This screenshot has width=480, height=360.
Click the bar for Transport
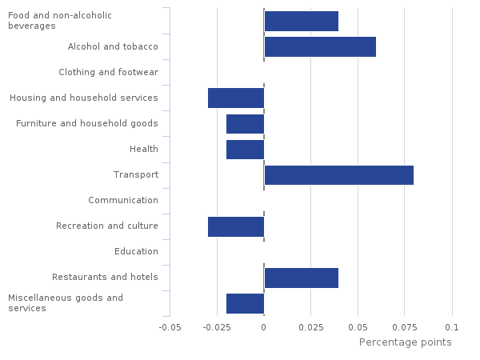pos(338,175)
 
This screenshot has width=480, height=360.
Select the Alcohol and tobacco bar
pos(320,47)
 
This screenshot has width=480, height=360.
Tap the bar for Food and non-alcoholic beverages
pos(301,22)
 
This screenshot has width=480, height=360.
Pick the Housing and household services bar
pos(236,98)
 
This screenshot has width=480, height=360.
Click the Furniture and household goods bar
pos(245,124)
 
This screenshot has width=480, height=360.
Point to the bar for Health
pos(245,150)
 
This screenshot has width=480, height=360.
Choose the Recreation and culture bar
pos(236,226)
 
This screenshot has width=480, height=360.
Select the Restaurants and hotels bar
pos(301,278)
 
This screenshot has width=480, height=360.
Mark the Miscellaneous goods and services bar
pos(245,303)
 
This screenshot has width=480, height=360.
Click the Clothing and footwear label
pos(109,73)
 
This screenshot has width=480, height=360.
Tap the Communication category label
pos(123,201)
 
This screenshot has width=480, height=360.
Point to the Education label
pos(136,252)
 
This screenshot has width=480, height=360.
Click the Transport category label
pos(136,175)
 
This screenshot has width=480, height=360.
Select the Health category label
pos(144,150)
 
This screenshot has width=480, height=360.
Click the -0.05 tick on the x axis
pos(169,327)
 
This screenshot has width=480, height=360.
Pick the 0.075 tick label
pos(405,327)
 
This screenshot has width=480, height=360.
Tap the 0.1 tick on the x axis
pos(452,327)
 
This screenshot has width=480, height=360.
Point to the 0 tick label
pos(264,327)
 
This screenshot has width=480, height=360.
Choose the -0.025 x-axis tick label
pos(216,327)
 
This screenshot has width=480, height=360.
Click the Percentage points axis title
pos(405,342)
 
